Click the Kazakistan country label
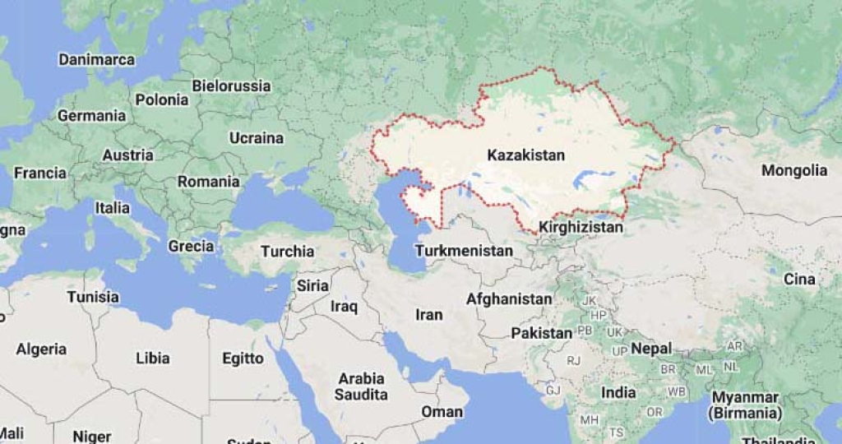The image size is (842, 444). coord(525,155)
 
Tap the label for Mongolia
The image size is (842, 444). coord(793,171)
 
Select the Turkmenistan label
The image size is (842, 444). coord(464,250)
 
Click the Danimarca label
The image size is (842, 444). coord(96,60)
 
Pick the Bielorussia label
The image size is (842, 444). coord(231,86)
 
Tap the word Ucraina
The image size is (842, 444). coord(256,138)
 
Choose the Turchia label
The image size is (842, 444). coord(288,252)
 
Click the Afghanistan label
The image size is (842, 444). coord(509,299)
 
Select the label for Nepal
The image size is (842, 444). coord(651,349)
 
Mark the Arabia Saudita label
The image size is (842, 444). coord(361,386)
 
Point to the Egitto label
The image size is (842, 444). coord(243,358)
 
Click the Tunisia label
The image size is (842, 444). coord(93,297)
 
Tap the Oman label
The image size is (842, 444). coord(442,411)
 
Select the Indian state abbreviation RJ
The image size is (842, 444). coord(573,360)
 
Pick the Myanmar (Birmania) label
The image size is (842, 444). coord(747,405)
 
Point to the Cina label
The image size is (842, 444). coord(798,280)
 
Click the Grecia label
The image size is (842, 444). coord(191,246)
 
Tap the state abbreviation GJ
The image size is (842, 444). coord(553,390)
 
